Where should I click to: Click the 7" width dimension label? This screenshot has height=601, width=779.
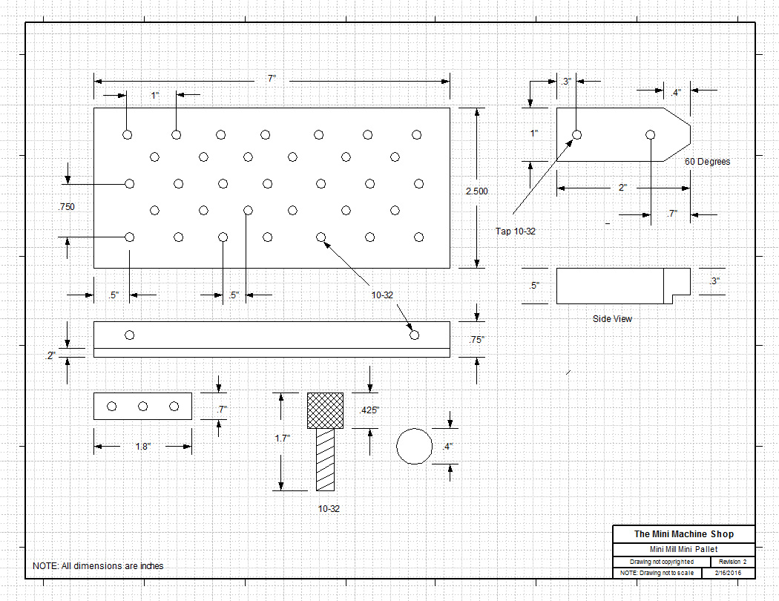coord(272,79)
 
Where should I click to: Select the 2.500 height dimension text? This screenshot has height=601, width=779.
coord(477,191)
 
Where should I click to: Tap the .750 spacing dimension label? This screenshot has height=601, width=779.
coord(66,206)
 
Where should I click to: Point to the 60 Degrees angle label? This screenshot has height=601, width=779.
coord(707,162)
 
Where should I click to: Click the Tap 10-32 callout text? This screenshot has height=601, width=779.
coord(516,231)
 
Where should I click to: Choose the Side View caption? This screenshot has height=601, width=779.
coord(612,319)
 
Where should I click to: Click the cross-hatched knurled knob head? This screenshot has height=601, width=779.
coord(326,410)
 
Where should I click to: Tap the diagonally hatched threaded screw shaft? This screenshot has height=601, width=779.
coord(325,459)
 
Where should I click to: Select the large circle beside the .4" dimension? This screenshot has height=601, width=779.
coord(415,446)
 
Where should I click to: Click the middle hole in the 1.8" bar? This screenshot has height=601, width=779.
coord(143,406)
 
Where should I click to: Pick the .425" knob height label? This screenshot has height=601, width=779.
coord(370,410)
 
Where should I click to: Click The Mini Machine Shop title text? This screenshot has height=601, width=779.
coord(683,534)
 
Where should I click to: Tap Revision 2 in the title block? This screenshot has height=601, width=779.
coord(732,562)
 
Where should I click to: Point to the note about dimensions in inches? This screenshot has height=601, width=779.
coord(98,566)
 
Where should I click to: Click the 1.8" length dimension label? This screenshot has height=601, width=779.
coord(142,447)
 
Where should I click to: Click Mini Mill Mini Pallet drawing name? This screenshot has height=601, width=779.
coord(683,549)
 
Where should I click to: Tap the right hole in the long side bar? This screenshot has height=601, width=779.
coord(415,335)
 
